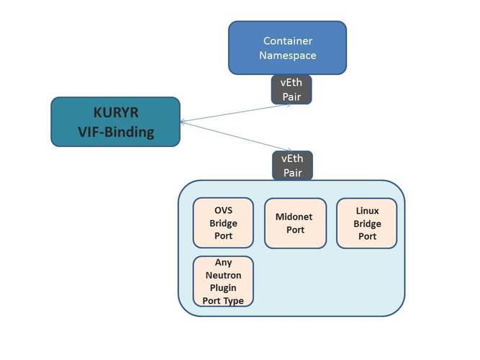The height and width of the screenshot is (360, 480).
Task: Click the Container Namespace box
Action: click(287, 48)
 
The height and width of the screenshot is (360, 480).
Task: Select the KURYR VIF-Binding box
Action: click(115, 122)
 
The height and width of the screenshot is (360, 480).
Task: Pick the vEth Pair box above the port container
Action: click(292, 165)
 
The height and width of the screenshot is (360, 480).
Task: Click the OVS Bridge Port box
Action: click(223, 223)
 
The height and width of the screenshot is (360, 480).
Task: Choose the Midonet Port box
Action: click(295, 223)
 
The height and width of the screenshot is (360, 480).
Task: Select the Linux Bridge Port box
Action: click(367, 223)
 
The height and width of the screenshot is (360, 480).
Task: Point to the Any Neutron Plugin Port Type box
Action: click(223, 281)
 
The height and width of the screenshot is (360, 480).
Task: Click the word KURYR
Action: click(115, 112)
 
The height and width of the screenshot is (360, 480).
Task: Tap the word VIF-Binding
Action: click(115, 132)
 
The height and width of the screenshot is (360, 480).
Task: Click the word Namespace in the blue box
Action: click(288, 55)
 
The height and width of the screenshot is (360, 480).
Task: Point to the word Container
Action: click(288, 41)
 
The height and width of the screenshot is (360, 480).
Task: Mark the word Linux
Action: click(367, 210)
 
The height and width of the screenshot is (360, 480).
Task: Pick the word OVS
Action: click(223, 210)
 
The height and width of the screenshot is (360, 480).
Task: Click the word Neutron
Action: click(223, 275)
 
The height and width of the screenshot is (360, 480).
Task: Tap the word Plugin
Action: click(223, 288)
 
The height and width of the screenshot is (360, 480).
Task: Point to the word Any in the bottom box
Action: click(223, 263)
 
